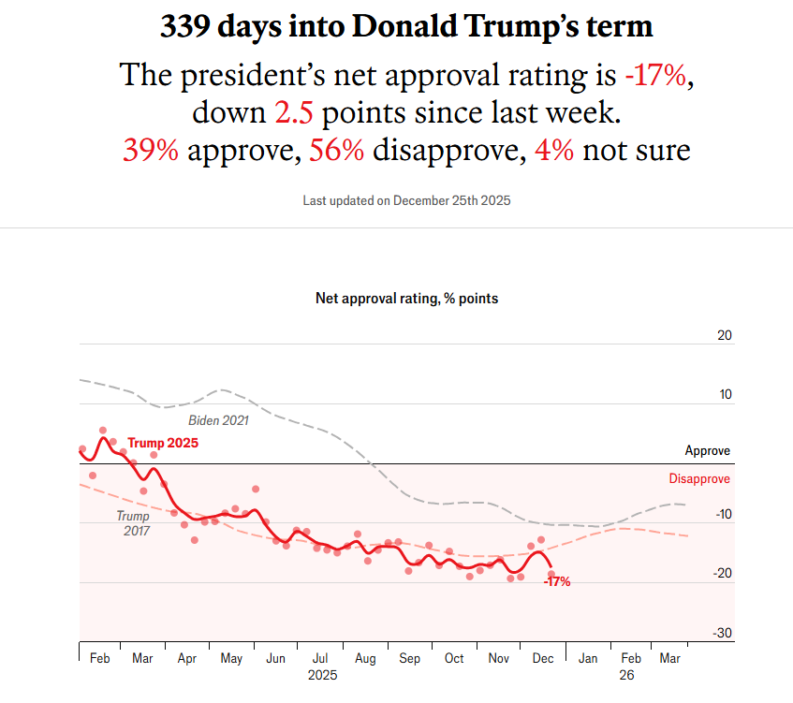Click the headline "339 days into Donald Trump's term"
tap(406, 26)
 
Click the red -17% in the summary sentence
tap(658, 76)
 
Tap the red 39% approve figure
tap(150, 150)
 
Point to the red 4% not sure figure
tap(553, 150)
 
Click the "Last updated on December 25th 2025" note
tap(406, 200)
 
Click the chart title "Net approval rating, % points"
tap(406, 299)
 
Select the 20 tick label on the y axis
tap(723, 335)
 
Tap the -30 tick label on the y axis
tap(721, 634)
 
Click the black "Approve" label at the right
tap(707, 451)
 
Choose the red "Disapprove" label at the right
tap(699, 479)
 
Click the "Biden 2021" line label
tap(218, 420)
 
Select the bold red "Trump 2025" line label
tap(163, 443)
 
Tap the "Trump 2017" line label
tap(133, 523)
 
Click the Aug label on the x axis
tap(366, 659)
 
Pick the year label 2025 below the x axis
tap(322, 674)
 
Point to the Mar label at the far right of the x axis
tap(670, 659)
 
